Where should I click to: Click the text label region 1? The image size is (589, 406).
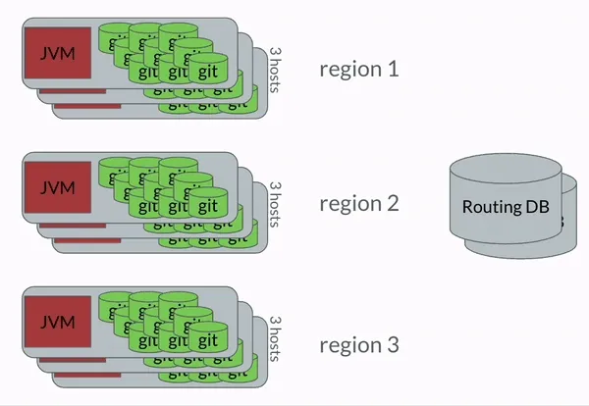[358, 70]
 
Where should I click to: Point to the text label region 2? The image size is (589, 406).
[358, 204]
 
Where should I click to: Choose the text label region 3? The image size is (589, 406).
[358, 345]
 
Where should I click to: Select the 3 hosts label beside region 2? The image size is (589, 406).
[275, 204]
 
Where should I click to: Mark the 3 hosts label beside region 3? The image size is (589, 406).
[275, 339]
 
